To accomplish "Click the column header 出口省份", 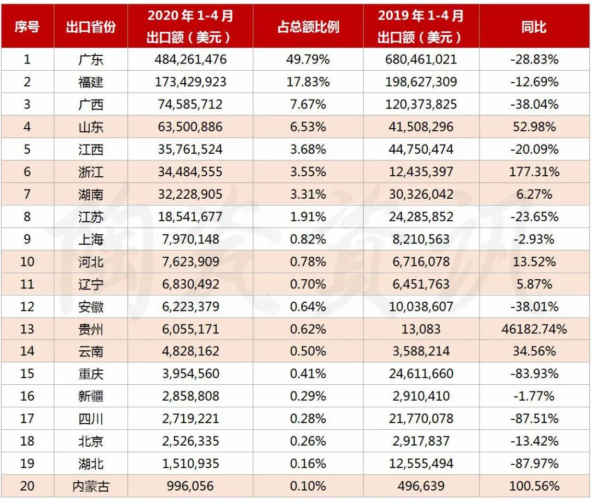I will click(x=91, y=26).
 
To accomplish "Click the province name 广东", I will click(x=91, y=59).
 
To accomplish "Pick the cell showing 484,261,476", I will click(x=190, y=59).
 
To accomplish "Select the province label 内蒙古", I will click(x=91, y=486).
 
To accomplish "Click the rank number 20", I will click(x=27, y=486).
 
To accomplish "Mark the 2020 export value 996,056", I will click(x=190, y=486).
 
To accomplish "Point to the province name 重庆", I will click(x=91, y=374).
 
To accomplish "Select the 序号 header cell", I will click(x=27, y=26).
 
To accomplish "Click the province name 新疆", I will click(x=91, y=396).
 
